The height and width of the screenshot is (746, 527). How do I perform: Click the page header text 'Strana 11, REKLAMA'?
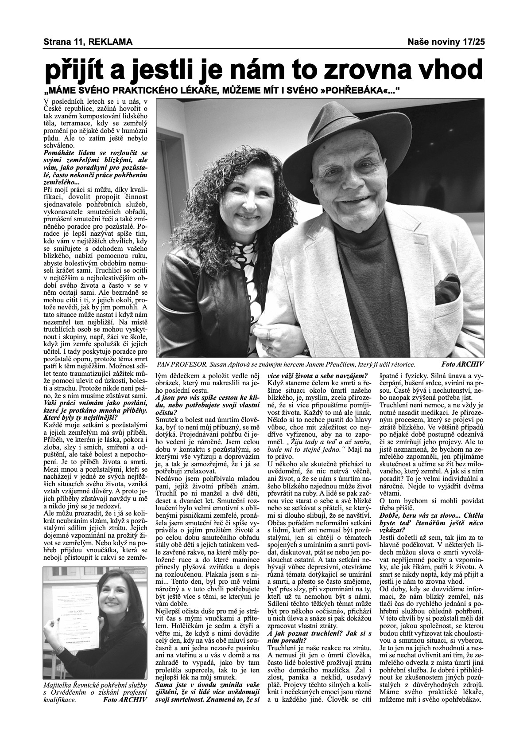tap(88, 42)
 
